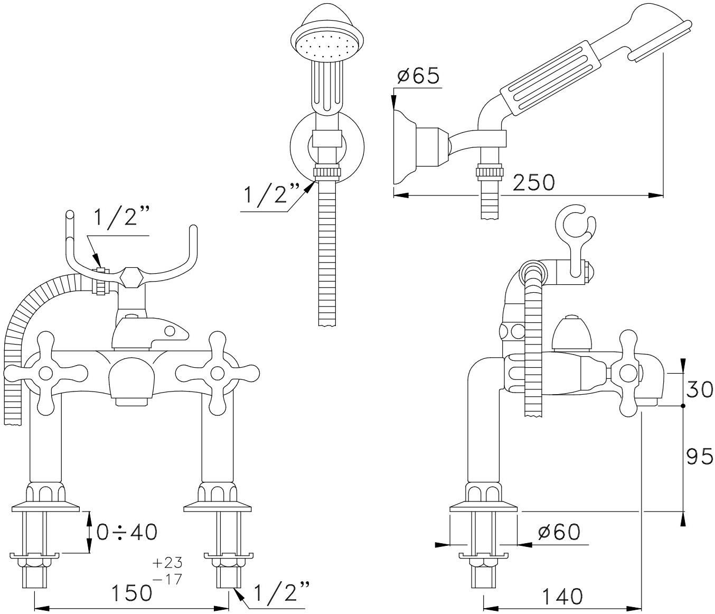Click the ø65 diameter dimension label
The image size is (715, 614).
(418, 76)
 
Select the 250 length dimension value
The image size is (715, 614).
(534, 183)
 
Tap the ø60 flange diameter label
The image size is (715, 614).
(559, 532)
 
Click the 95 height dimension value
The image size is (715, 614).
(700, 456)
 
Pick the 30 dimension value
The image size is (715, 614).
(700, 389)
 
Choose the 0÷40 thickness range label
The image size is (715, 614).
(127, 532)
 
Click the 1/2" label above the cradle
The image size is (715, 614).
(121, 217)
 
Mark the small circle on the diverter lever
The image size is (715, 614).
(170, 331)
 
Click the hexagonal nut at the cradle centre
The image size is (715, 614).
(130, 277)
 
